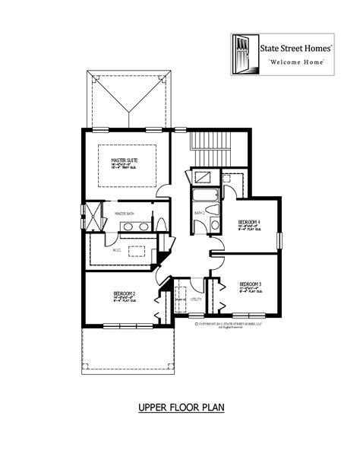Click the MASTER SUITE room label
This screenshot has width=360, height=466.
click(125, 160)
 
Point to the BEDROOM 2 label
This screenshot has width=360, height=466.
click(125, 293)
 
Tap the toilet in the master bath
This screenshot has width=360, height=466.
click(161, 224)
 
